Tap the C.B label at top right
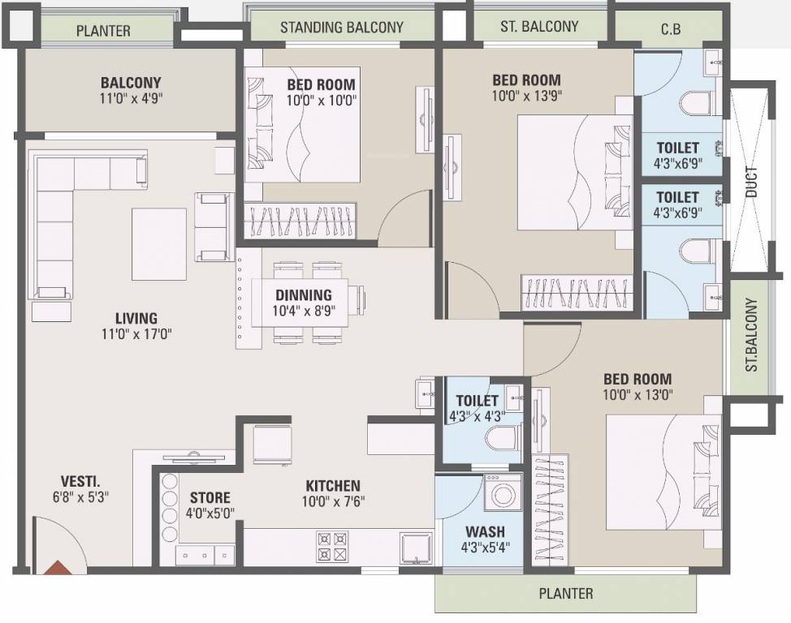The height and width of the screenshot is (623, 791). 670,30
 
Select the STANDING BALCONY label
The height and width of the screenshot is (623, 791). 341,27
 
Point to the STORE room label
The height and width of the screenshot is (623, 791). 210,497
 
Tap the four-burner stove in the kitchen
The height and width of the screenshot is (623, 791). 332,546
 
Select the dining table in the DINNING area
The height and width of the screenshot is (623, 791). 303,299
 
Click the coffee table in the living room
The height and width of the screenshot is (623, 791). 160,243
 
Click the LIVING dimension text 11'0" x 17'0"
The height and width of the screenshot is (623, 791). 136,333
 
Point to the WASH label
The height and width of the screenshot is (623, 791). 485,532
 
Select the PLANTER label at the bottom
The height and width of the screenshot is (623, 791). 566,594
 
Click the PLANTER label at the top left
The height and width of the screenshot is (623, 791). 103,32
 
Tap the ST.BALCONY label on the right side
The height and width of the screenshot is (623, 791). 750,336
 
